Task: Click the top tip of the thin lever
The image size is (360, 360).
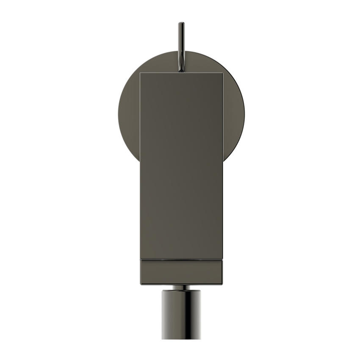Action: (181, 23)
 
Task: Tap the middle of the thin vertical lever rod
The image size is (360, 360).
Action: (181, 47)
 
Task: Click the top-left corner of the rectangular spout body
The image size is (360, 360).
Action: (140, 73)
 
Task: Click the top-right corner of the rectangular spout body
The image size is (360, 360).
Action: (222, 73)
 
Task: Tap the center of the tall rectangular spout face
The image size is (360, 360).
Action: (181, 165)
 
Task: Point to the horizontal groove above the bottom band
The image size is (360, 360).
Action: (181, 259)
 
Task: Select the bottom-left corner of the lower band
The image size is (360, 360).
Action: (140, 284)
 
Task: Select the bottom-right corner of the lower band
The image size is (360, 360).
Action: (222, 284)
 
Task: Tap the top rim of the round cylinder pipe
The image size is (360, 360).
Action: (181, 291)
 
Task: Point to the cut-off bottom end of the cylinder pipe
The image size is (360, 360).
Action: (181, 338)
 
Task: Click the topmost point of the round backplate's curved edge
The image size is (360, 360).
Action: (181, 51)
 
